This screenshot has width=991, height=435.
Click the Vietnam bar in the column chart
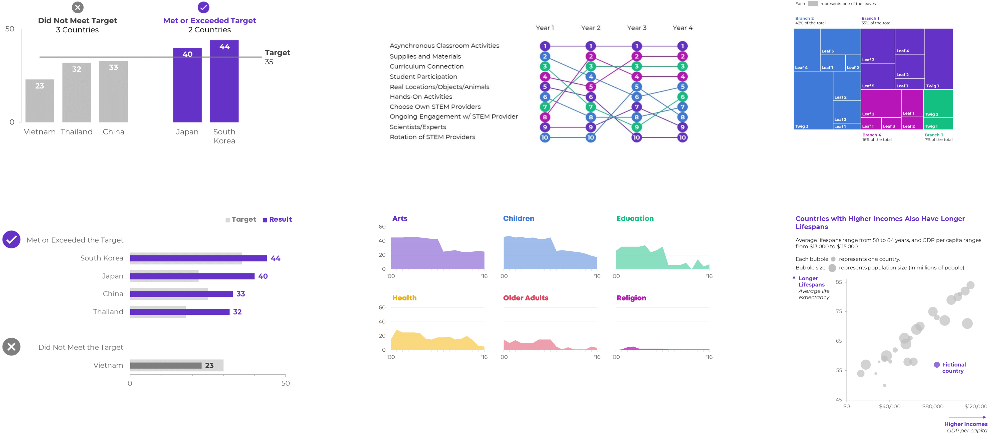(x=40, y=101)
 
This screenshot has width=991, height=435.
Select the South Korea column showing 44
(x=224, y=81)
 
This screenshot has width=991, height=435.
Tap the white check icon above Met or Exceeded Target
(x=203, y=7)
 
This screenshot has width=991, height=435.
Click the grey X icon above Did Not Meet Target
(x=78, y=7)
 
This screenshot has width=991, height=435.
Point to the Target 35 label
(x=277, y=57)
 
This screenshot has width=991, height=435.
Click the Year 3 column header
(x=637, y=28)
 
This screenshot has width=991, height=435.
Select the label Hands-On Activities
(x=421, y=97)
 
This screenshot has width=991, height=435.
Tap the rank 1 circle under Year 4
(x=682, y=46)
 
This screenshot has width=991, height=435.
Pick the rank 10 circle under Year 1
(x=545, y=137)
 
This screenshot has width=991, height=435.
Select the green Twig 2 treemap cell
(x=939, y=103)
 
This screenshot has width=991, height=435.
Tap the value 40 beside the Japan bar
(x=263, y=276)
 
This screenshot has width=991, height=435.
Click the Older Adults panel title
(x=526, y=298)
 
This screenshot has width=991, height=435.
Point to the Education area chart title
(x=635, y=219)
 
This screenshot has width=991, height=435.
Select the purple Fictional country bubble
(x=937, y=365)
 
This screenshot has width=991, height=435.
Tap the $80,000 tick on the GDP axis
(x=933, y=406)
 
